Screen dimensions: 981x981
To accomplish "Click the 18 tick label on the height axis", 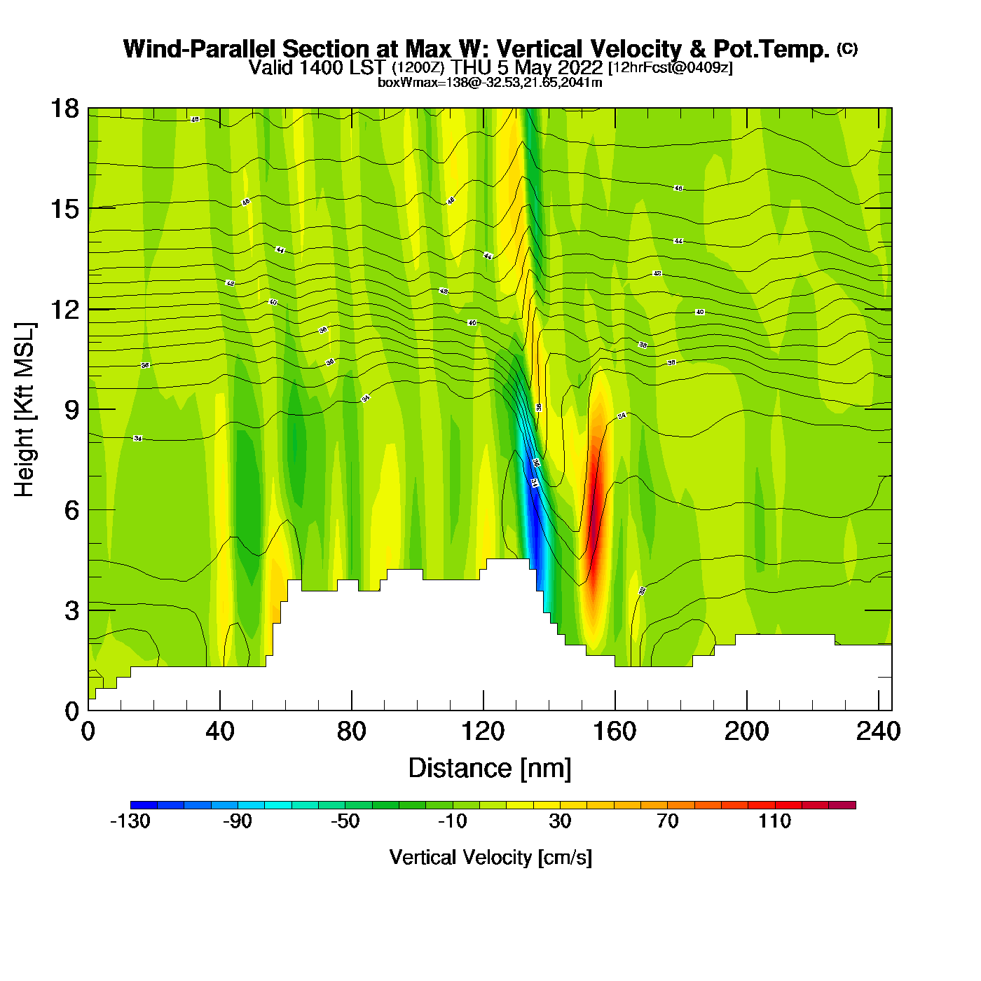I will click(64, 109).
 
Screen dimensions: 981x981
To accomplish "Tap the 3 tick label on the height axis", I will click(71, 610).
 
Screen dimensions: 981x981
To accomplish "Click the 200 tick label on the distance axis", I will click(746, 732).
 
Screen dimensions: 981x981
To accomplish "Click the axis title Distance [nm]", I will click(490, 769).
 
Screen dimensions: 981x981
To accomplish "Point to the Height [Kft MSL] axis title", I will click(25, 410).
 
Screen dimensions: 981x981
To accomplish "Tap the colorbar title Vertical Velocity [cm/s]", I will click(490, 858).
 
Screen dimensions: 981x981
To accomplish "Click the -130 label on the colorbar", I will click(130, 821).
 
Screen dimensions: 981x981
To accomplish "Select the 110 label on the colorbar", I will click(774, 821).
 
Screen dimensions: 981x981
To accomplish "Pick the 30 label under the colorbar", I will click(560, 821).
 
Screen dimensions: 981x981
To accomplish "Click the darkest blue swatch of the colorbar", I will click(144, 805).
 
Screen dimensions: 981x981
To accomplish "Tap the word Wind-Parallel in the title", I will click(200, 49).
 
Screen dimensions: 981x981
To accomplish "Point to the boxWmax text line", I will click(490, 82).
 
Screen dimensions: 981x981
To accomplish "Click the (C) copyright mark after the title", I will click(847, 48).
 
